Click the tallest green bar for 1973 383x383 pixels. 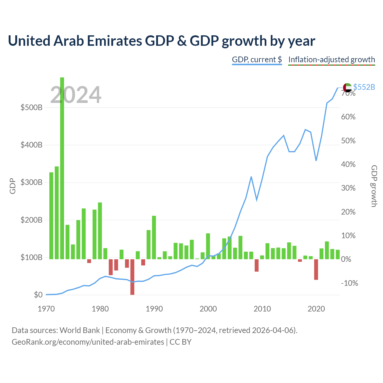click(62, 168)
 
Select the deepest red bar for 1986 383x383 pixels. click(132, 277)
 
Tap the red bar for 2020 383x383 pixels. click(316, 270)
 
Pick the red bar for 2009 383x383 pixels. click(257, 265)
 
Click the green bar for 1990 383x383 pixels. click(154, 237)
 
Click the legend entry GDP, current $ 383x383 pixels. click(257, 60)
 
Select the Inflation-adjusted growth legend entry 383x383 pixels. click(332, 60)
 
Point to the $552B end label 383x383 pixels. click(364, 87)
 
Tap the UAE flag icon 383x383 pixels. click(347, 87)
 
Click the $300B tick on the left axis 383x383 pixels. click(32, 182)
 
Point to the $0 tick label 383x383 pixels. click(38, 294)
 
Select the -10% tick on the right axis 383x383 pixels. click(349, 283)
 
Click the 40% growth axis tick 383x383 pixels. click(348, 164)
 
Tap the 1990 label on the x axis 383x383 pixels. click(154, 309)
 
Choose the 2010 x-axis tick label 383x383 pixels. click(262, 309)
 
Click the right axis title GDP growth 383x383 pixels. click(374, 186)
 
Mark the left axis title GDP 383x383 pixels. click(13, 186)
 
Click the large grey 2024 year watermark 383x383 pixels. click(76, 95)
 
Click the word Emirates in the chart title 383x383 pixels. click(114, 41)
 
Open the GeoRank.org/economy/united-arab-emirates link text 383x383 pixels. click(88, 342)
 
